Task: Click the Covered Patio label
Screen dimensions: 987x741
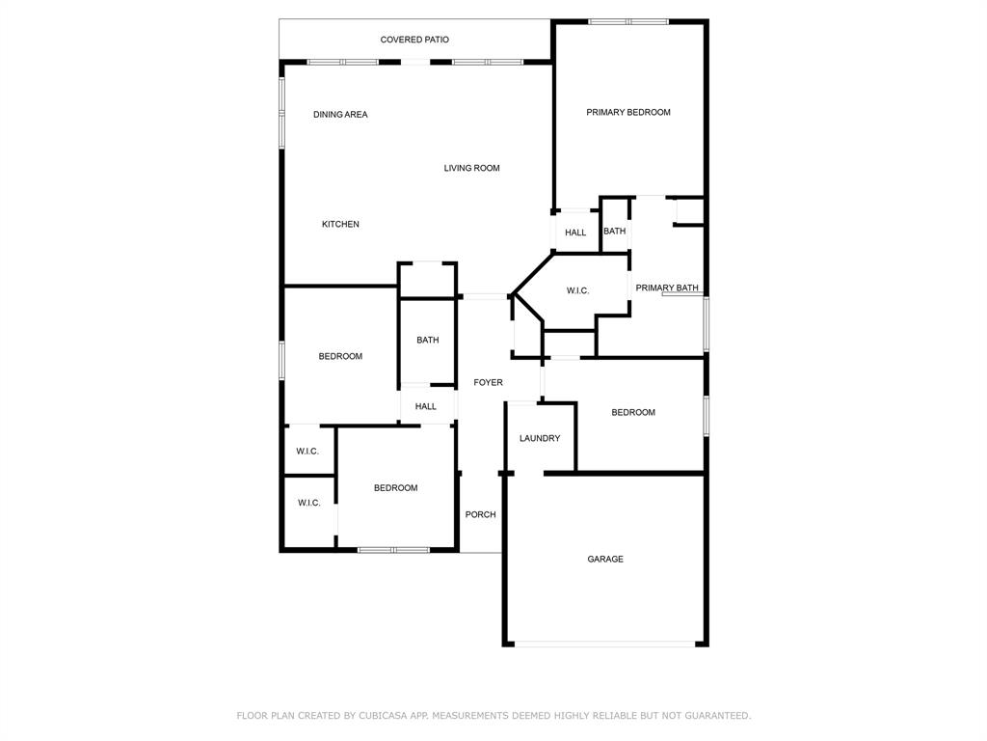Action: [x=414, y=40]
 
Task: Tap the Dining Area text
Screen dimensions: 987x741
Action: [x=340, y=115]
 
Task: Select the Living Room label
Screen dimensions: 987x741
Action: [x=471, y=168]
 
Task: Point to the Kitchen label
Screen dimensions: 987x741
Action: [x=340, y=224]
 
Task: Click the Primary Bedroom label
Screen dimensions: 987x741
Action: [x=628, y=113]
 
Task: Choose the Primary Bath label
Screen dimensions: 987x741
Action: [x=667, y=288]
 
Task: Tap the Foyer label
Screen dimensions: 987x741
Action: [x=488, y=382]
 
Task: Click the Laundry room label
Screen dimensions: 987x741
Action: [x=540, y=439]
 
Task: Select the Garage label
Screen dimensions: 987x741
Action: [x=605, y=559]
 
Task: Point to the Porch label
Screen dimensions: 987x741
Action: [x=480, y=515]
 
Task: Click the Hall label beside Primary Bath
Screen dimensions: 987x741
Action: [x=575, y=233]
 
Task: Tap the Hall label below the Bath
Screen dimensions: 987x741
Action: [x=425, y=406]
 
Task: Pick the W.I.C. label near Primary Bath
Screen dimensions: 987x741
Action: [x=577, y=291]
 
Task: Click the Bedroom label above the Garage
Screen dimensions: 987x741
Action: [x=633, y=413]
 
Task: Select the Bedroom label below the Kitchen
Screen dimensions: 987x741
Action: [x=340, y=357]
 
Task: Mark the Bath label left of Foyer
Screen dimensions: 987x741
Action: [x=427, y=341]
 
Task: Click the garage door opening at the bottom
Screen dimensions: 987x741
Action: [x=605, y=644]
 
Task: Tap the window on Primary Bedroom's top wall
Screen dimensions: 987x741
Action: [x=628, y=22]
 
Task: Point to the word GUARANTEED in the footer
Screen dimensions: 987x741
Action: [x=717, y=716]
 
